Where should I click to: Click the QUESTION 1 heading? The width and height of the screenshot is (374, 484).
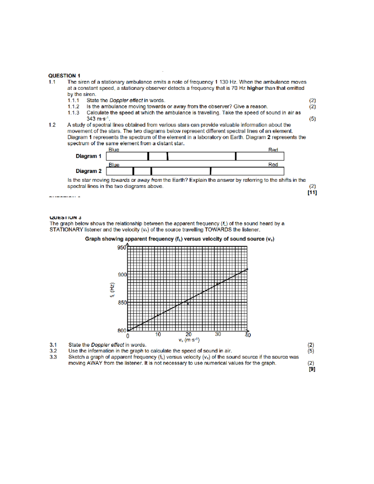[x=64, y=76]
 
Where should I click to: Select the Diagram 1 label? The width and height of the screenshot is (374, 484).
[x=89, y=156]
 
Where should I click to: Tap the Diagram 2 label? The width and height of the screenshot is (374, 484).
[x=89, y=171]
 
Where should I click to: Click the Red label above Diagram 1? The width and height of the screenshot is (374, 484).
[x=273, y=150]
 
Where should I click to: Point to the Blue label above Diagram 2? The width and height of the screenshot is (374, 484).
[x=114, y=165]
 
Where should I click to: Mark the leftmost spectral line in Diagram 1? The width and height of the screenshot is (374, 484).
[x=148, y=156]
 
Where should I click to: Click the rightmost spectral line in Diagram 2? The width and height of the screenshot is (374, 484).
[x=211, y=171]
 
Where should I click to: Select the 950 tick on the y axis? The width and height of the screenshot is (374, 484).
[x=122, y=248]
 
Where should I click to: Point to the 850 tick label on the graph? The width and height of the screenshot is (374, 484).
[x=122, y=303]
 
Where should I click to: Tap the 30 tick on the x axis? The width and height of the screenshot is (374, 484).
[x=218, y=334]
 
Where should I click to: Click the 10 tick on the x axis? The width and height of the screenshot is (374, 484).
[x=158, y=334]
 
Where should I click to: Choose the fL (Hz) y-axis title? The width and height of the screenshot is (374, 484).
[x=113, y=290]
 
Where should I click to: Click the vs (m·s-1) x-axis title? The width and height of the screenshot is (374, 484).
[x=189, y=340]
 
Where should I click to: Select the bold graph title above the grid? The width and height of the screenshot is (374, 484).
[x=180, y=239]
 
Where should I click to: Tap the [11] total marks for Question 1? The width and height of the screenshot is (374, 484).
[x=312, y=193]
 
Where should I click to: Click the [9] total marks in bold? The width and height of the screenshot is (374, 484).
[x=312, y=369]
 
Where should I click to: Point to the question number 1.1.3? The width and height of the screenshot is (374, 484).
[x=73, y=113]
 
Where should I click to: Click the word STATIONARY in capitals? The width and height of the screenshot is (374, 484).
[x=66, y=230]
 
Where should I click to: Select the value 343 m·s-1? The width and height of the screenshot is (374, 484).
[x=98, y=119]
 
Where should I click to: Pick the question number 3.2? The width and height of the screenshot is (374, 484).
[x=53, y=351]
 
